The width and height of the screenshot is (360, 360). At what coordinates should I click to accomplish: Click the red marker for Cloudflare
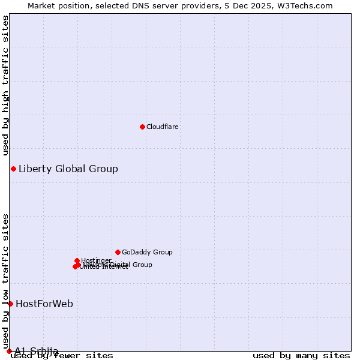coord(142,127)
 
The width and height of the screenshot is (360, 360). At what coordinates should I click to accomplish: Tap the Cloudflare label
coord(163,127)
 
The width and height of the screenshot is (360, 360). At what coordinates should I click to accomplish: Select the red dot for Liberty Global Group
coord(13,169)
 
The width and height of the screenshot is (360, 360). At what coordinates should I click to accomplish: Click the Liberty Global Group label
coord(68,169)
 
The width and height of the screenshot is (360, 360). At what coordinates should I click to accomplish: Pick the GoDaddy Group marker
coord(118,252)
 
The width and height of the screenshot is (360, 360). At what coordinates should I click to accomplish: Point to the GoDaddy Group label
coord(147,252)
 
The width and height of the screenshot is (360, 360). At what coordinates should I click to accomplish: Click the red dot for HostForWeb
coord(10,304)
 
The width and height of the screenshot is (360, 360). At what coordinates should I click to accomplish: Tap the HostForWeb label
coord(44,304)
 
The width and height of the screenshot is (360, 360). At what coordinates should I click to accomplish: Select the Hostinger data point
coord(77,260)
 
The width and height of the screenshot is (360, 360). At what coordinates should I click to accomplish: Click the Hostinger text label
coord(97,260)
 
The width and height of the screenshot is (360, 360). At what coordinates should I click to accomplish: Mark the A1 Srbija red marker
coord(9,351)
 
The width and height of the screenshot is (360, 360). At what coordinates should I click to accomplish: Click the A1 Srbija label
coord(37,351)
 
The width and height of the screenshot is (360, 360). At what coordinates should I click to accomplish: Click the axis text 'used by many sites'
coord(301,356)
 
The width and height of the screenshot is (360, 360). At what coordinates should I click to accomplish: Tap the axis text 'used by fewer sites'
coord(62,356)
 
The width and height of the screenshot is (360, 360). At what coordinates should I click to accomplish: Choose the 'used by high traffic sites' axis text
coord(5,85)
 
